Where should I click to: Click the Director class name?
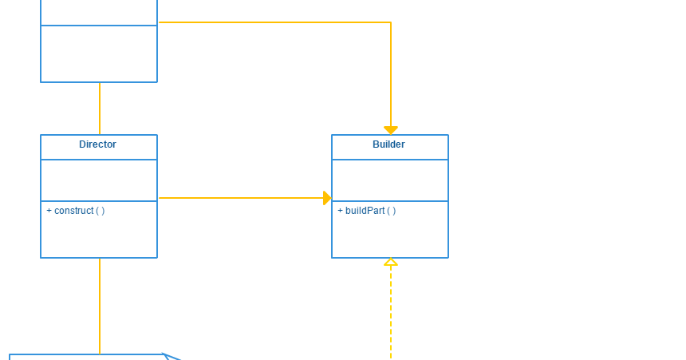97,144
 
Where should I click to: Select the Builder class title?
388,144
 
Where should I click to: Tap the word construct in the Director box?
73,211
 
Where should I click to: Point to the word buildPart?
365,211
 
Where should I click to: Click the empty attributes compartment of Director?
99,180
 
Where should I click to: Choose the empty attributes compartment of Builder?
390,180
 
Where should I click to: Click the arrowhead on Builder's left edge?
327,198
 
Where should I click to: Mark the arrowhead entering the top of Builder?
391,130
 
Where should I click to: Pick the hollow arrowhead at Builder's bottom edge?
391,262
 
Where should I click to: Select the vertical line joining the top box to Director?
100,109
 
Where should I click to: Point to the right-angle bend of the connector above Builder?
391,22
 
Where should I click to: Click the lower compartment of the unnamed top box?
99,53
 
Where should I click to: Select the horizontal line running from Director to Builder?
239,198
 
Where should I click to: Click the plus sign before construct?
49,211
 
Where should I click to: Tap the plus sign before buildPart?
340,211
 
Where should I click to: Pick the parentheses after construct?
101,211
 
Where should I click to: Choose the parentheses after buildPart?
392,211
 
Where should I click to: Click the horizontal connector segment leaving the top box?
271,22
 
